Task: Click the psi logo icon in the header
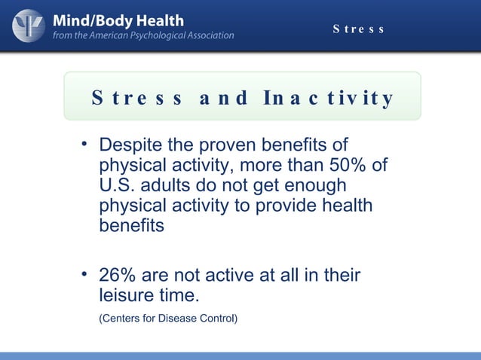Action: (x=28, y=25)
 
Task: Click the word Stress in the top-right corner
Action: (x=359, y=29)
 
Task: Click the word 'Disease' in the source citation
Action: (x=177, y=319)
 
